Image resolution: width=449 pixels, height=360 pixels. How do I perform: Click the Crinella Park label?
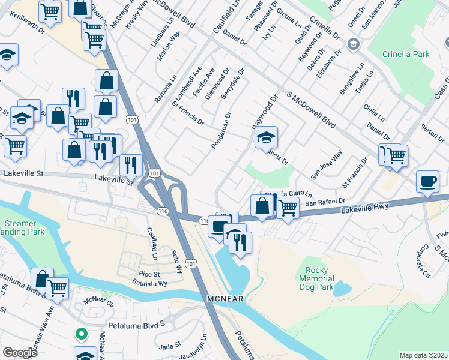(406, 55)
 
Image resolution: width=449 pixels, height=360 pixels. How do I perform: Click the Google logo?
(20, 353)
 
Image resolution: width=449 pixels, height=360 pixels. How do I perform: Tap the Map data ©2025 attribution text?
(423, 355)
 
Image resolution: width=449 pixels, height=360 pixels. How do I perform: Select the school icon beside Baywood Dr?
(265, 137)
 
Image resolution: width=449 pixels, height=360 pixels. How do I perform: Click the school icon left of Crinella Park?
(354, 44)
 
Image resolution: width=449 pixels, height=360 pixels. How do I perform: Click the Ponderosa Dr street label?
(221, 130)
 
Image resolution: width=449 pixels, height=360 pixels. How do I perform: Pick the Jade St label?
(170, 347)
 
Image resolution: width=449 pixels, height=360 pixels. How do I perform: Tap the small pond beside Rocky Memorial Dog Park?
(341, 289)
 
